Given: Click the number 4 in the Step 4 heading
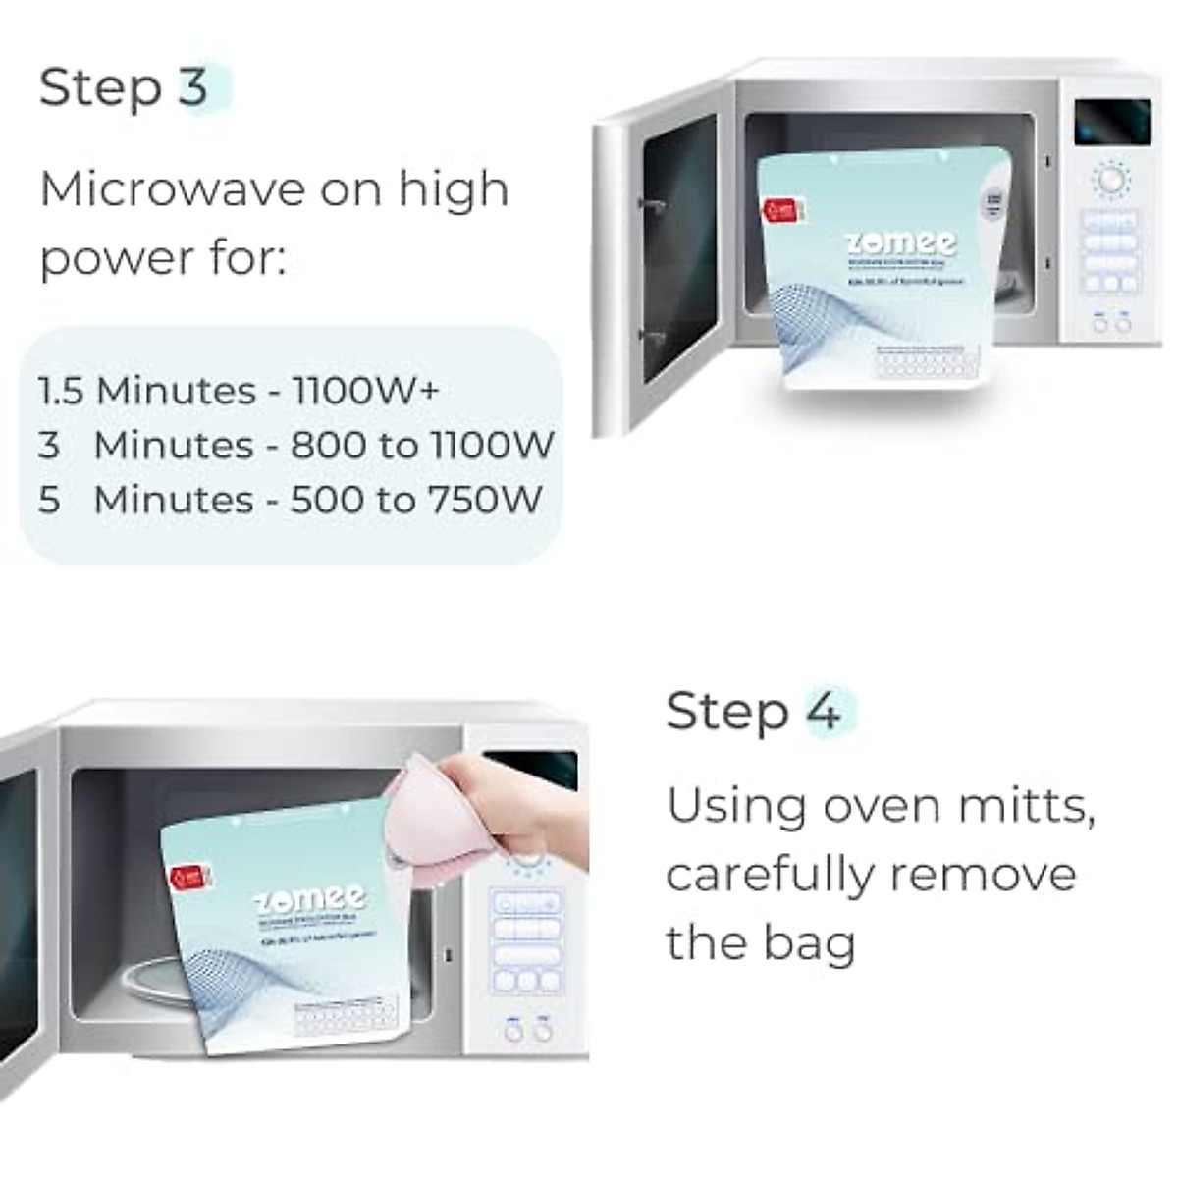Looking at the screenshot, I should point(823,711).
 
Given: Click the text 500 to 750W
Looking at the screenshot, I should point(416,500).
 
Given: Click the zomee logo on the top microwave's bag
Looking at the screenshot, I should point(901,241).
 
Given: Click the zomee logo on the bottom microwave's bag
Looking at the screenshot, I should point(310,898).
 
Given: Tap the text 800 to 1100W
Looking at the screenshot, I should point(422,446).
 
